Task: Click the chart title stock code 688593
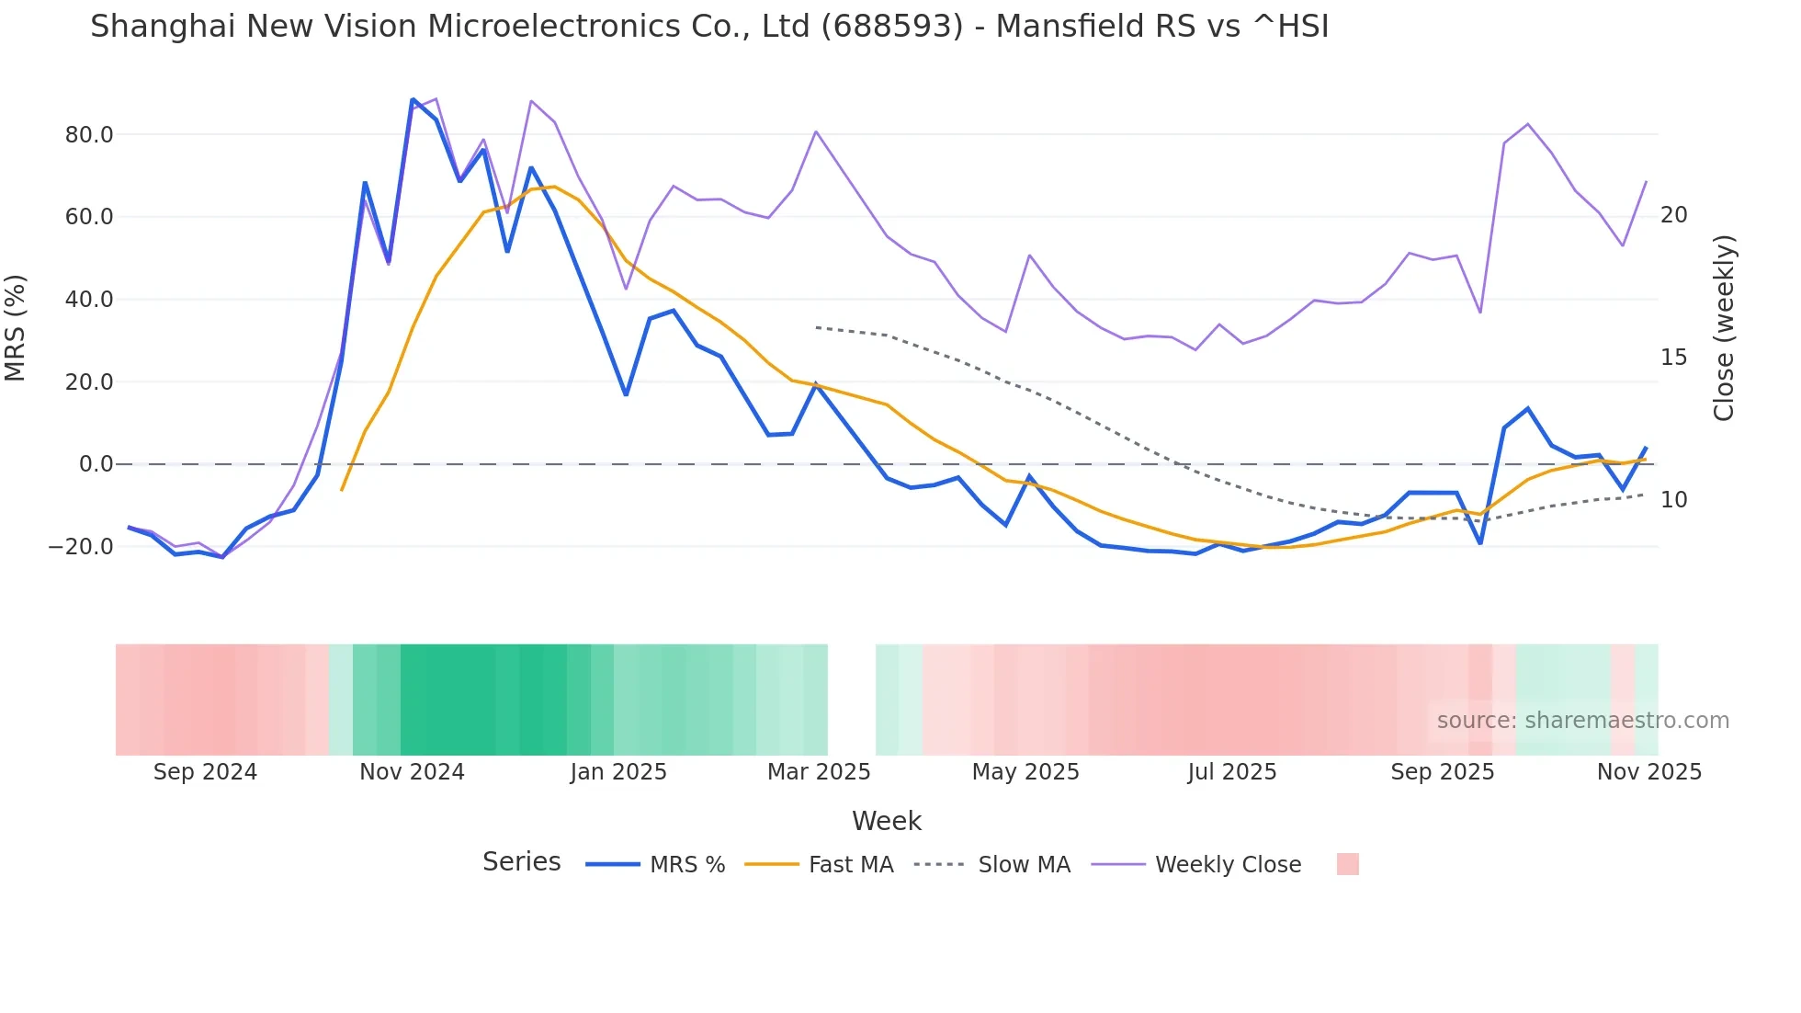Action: (891, 27)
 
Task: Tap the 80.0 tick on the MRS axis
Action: (89, 135)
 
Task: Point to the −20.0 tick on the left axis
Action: (81, 547)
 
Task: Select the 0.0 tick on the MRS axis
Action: (96, 464)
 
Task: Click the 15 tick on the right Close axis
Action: (1674, 358)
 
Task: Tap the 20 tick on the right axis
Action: (1674, 215)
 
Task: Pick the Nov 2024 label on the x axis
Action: (412, 772)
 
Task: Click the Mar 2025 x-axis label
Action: (819, 772)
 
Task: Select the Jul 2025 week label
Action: (1231, 772)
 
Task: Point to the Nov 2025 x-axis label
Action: (1648, 772)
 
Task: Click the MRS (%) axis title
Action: (16, 327)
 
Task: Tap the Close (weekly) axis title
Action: (1724, 328)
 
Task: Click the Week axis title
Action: (886, 821)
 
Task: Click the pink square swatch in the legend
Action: (1347, 864)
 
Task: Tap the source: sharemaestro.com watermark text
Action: (1582, 721)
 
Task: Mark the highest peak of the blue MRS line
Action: (413, 99)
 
